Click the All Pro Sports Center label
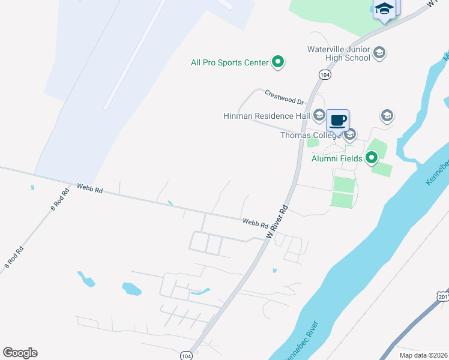click(229, 62)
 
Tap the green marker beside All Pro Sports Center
click(278, 61)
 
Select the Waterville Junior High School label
click(339, 53)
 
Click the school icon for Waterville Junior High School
click(379, 53)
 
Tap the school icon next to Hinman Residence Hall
click(319, 115)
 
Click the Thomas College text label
click(310, 135)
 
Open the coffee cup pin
click(338, 120)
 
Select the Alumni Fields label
click(337, 158)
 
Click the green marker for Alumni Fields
click(372, 158)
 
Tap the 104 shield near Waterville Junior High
click(324, 74)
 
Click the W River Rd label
click(278, 223)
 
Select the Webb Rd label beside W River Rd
click(255, 223)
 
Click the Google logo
click(20, 353)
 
